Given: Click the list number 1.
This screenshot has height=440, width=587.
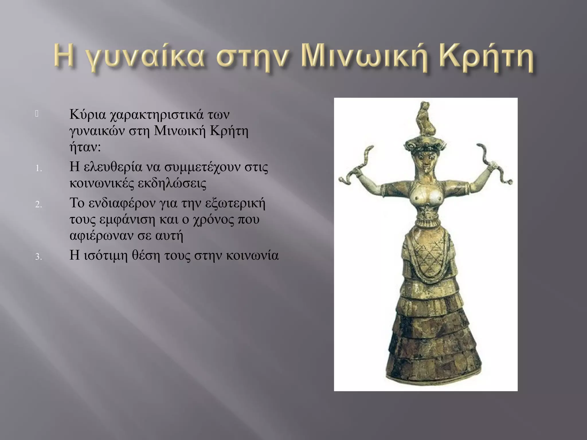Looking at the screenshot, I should tap(38, 169).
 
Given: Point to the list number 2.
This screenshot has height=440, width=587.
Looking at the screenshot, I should tap(38, 205).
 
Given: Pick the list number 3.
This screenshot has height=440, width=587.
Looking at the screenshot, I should tap(38, 257).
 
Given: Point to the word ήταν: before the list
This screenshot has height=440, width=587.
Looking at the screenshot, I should tap(85, 147).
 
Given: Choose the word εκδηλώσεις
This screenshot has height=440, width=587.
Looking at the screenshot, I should tap(172, 183).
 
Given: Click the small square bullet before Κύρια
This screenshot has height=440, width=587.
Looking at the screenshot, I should tap(37, 114).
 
